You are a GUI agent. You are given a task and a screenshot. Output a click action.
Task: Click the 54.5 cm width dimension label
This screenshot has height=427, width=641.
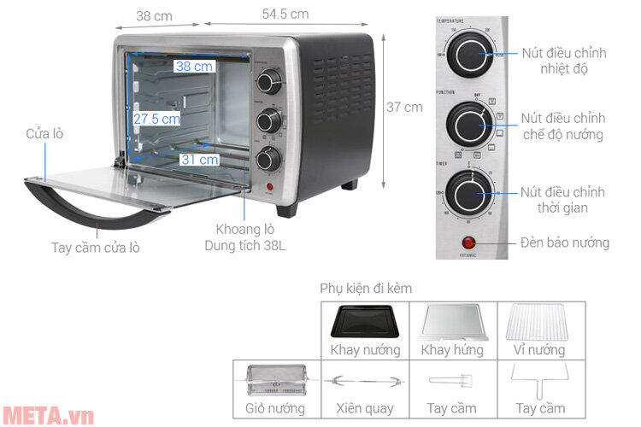[273, 15]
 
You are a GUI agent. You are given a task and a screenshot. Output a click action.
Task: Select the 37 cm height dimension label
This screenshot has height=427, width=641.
[404, 108]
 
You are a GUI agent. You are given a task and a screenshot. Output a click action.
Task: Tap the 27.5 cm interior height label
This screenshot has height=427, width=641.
[156, 120]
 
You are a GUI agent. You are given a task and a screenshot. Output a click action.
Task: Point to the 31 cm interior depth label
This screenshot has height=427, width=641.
[199, 159]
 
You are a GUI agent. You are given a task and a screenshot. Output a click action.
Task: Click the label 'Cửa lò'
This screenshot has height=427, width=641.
[44, 134]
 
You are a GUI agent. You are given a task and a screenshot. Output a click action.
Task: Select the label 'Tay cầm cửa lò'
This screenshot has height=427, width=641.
[96, 248]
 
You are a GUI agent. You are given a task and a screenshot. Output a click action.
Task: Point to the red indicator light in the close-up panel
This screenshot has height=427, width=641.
[469, 243]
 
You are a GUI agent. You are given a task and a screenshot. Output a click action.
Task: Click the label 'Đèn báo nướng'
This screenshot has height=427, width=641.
[565, 243]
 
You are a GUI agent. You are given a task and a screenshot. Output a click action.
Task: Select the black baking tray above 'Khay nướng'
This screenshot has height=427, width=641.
[365, 323]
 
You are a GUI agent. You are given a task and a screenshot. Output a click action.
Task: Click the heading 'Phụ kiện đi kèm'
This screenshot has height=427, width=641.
[366, 289]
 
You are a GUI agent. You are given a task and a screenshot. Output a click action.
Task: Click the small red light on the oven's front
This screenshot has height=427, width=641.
[270, 187]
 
